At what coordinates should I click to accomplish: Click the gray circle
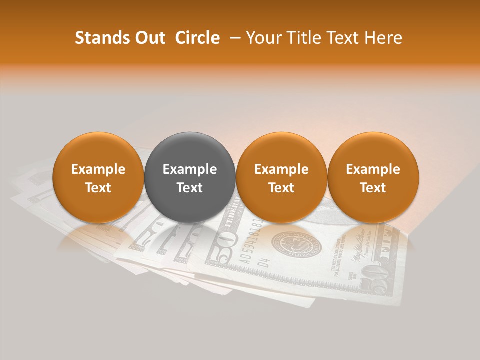pos(190,177)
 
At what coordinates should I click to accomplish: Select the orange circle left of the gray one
pos(98,177)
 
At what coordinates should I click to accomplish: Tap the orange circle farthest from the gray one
pos(373,177)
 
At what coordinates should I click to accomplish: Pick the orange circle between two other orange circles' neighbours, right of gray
pos(281,177)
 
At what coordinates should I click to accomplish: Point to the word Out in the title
pos(150,38)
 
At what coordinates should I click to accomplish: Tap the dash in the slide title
pos(233,38)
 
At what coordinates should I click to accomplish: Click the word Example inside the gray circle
pos(190,169)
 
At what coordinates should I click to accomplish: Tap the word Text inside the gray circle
pos(190,188)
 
